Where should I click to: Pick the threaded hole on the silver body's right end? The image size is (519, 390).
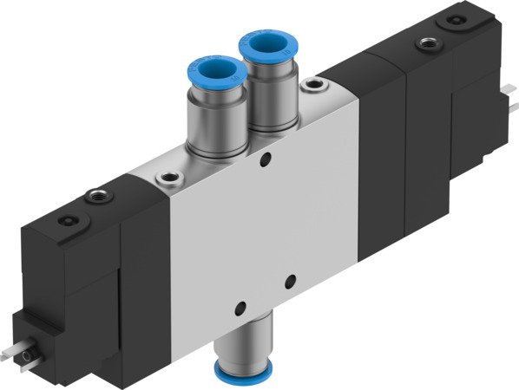[312, 86]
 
